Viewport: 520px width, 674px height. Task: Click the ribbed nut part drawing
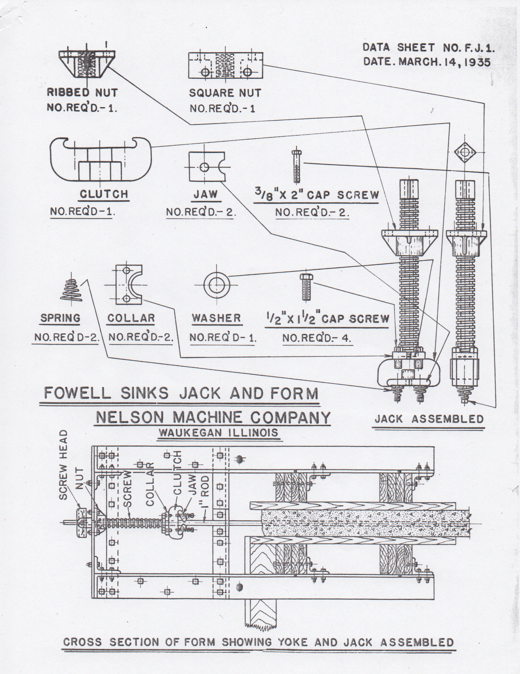tap(87, 64)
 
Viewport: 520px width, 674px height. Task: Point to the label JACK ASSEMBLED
tap(429, 419)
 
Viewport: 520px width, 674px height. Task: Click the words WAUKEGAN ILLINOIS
tap(218, 432)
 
